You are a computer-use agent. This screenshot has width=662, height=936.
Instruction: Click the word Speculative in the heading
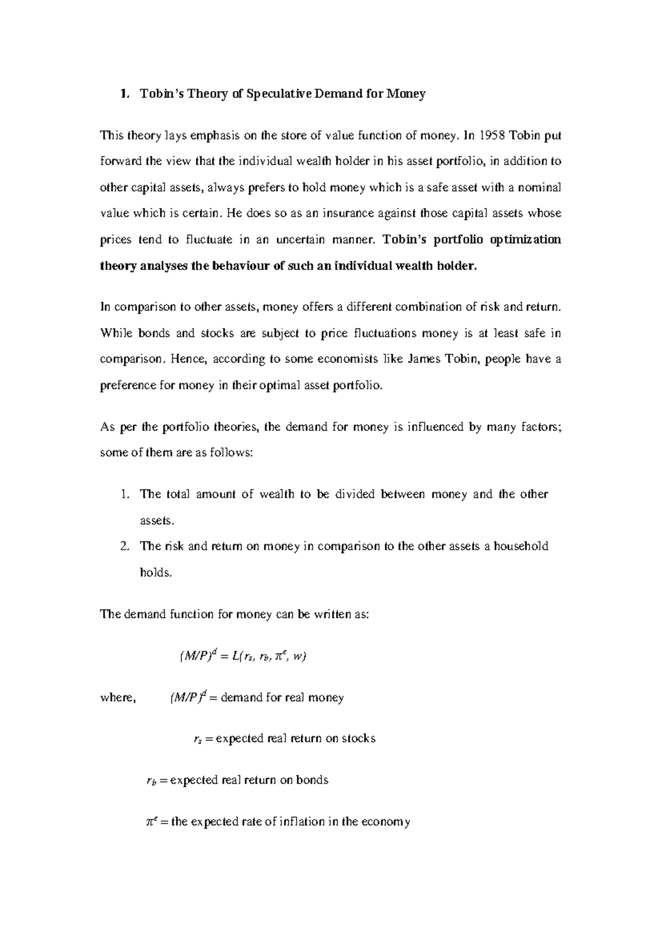[x=278, y=94]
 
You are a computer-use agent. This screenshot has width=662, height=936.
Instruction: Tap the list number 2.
[x=124, y=546]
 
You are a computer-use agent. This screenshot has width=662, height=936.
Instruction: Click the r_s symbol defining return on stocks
[x=198, y=740]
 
